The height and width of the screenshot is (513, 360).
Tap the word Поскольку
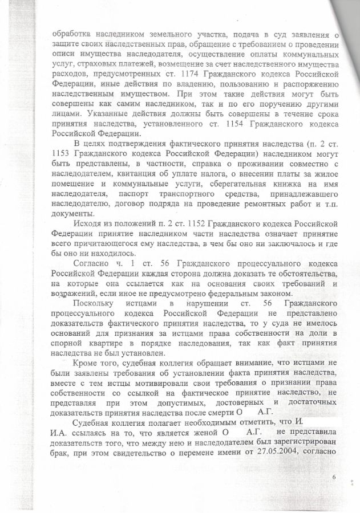tap(93, 302)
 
